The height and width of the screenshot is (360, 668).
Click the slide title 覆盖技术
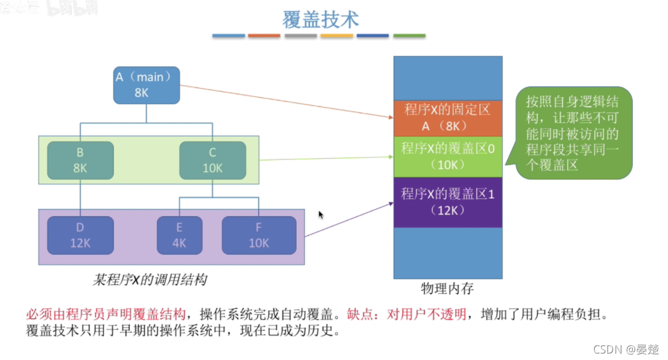pyautogui.click(x=320, y=19)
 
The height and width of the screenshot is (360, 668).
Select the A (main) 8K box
pyautogui.click(x=146, y=85)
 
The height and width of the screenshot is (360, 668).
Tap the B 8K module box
pyautogui.click(x=80, y=160)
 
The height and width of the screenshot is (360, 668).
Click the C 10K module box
pyautogui.click(x=212, y=160)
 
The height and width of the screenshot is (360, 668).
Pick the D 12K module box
pyautogui.click(x=80, y=235)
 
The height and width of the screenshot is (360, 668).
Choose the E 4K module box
pyautogui.click(x=179, y=235)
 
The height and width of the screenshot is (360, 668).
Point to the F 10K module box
pyautogui.click(x=259, y=235)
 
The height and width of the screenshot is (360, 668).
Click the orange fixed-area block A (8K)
pyautogui.click(x=448, y=117)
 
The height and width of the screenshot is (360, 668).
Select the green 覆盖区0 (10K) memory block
pyautogui.click(x=448, y=157)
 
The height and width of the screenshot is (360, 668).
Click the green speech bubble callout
pyautogui.click(x=575, y=133)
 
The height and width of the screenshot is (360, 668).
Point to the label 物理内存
pyautogui.click(x=447, y=288)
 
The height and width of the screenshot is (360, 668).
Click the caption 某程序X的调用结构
pyautogui.click(x=150, y=280)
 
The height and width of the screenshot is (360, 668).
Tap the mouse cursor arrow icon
pyautogui.click(x=320, y=215)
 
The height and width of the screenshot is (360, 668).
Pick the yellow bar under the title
pyautogui.click(x=337, y=36)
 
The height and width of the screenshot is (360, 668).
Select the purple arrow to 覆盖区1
pyautogui.click(x=349, y=219)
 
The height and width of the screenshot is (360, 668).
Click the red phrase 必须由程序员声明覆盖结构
pyautogui.click(x=106, y=314)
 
